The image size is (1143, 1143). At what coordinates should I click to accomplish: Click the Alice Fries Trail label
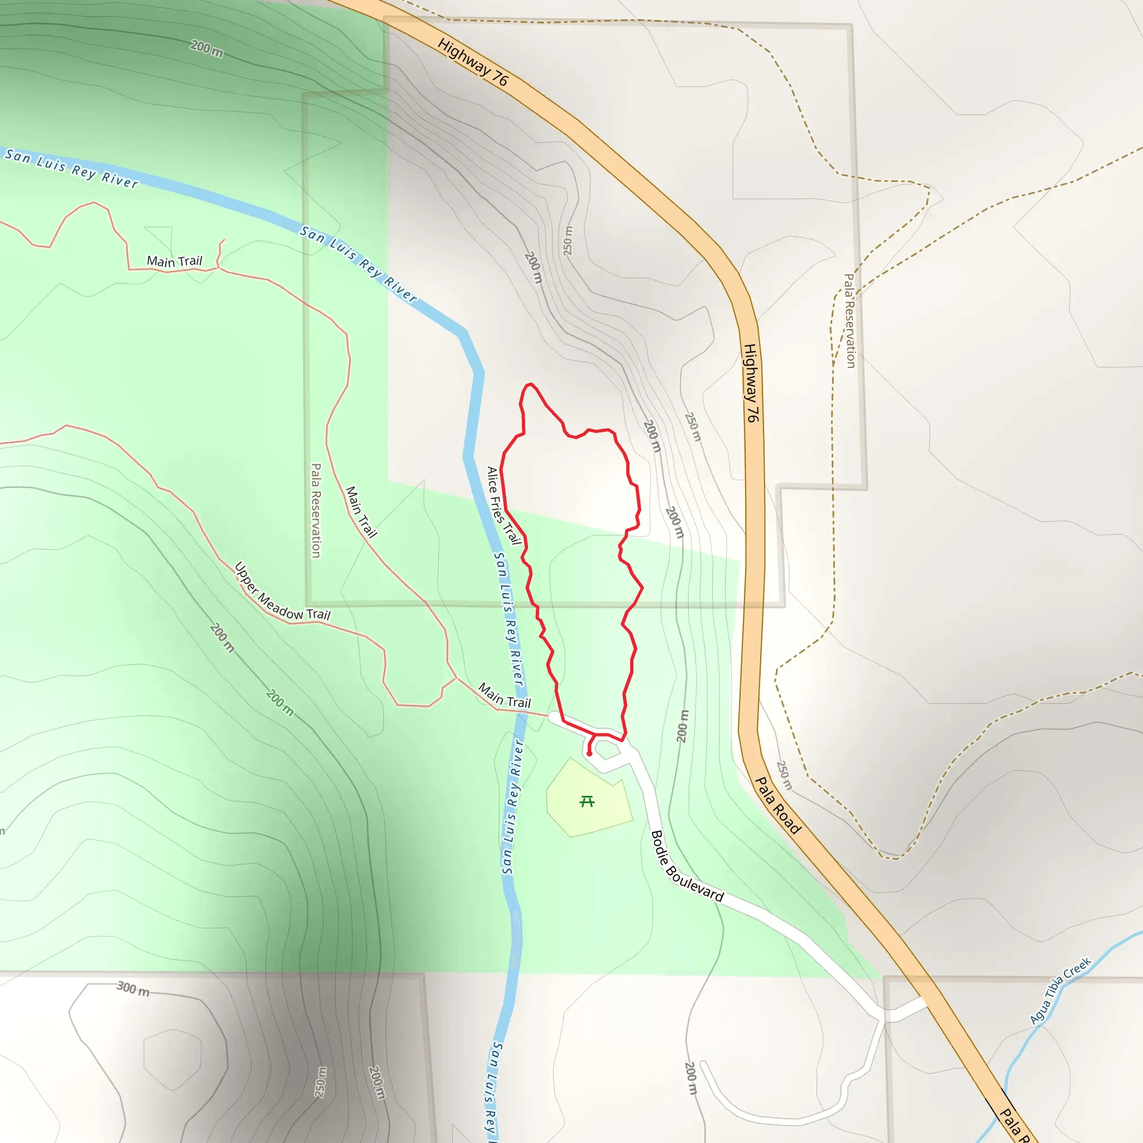point(503,505)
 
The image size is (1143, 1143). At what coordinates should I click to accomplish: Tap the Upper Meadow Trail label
point(282,592)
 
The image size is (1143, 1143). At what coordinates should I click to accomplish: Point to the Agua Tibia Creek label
point(1060,991)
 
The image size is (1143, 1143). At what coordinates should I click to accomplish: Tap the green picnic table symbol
point(587,801)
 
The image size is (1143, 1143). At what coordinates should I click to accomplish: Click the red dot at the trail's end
point(589,753)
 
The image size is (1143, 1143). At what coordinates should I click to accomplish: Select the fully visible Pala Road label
point(778,806)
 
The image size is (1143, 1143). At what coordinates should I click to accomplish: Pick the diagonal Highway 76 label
point(473,61)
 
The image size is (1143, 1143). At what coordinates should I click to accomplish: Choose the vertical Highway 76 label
point(750,383)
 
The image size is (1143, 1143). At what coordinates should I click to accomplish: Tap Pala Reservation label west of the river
point(316,510)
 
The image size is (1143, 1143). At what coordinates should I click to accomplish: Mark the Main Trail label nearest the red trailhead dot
point(505,696)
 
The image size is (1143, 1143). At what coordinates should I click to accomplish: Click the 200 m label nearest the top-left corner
point(207,49)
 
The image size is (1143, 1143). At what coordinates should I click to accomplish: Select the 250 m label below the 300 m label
point(320,1082)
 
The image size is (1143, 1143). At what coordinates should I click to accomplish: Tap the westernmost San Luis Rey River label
point(71,168)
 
